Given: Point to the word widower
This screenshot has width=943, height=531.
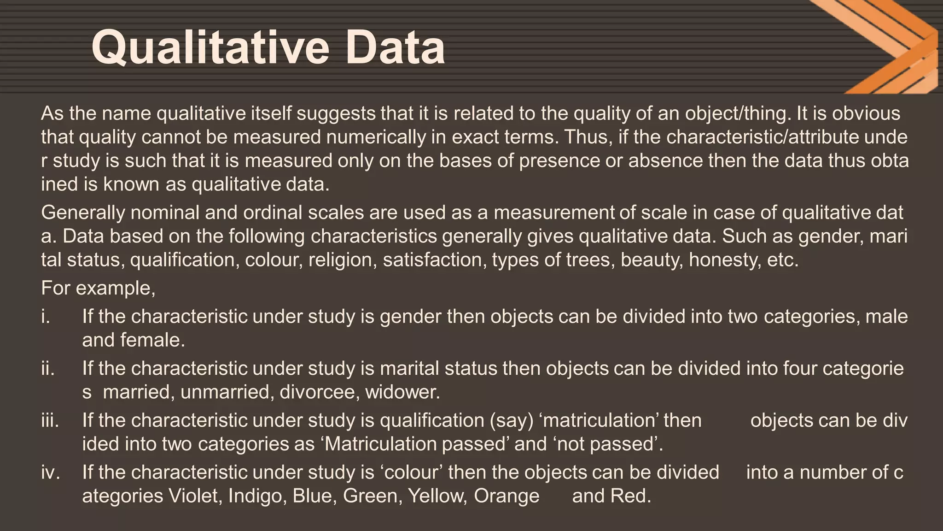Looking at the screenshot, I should (x=402, y=392).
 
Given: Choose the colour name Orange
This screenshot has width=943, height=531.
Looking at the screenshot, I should (x=506, y=496).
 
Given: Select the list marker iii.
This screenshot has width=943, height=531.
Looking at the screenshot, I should (x=50, y=420).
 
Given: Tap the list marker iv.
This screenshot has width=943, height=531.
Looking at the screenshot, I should (x=50, y=472).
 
